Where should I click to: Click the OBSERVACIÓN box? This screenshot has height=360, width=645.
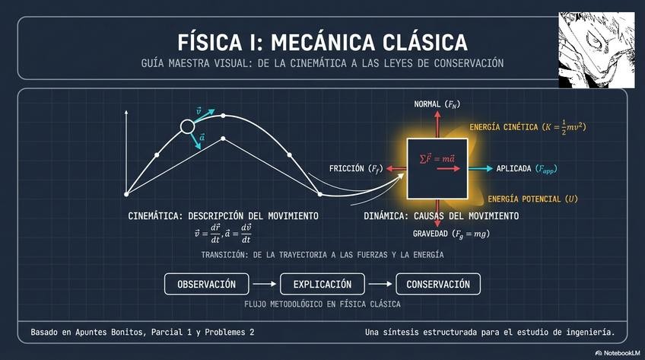click(207, 285)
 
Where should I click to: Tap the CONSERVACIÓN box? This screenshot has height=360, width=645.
click(438, 285)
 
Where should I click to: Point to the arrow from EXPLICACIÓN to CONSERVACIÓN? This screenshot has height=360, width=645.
click(381, 285)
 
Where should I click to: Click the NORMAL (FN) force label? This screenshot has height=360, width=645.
click(437, 104)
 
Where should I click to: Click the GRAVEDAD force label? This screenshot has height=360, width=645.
click(451, 234)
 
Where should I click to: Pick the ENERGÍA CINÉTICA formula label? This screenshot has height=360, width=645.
click(527, 127)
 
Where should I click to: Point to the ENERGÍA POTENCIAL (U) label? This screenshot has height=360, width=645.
click(532, 199)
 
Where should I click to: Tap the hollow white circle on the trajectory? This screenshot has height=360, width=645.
click(187, 127)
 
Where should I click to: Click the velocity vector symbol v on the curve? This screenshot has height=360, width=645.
click(199, 110)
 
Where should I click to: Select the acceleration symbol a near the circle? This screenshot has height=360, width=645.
click(202, 137)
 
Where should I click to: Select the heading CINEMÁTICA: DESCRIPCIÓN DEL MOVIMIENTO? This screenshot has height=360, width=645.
click(223, 216)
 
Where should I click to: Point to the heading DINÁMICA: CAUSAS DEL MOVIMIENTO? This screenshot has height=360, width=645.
click(441, 216)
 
